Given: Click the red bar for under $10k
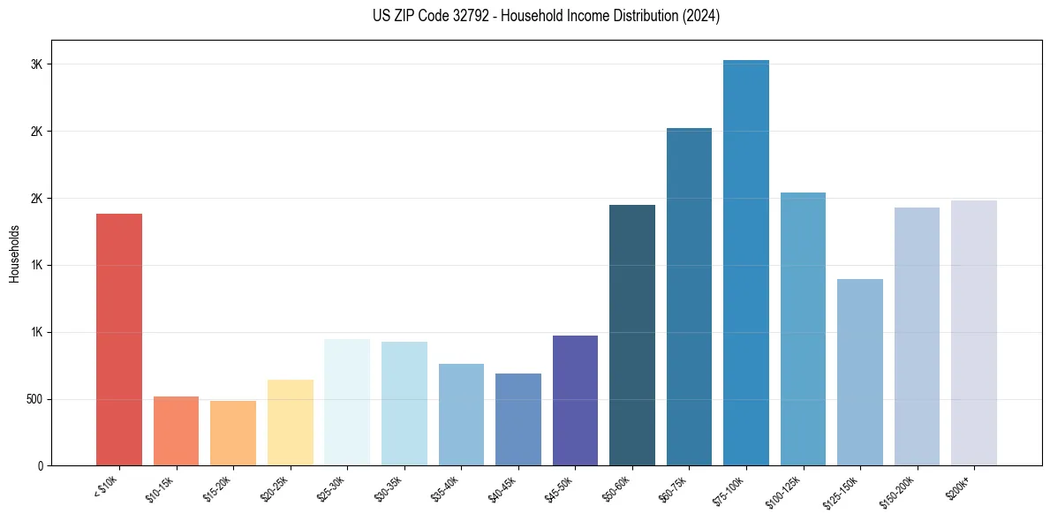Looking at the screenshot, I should pos(119,340).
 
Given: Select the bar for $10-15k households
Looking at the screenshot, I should pos(176,431).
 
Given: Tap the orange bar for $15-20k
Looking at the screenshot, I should pos(233,434).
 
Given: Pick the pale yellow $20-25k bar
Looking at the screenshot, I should pos(291,423).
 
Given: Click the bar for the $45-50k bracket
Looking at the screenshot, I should pos(575,401).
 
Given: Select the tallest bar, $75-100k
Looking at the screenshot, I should pos(746,263).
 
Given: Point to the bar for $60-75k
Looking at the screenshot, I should pos(689,297).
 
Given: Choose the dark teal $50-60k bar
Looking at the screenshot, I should pos(632,336).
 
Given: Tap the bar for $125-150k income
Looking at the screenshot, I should pos(860,373).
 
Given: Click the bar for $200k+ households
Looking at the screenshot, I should pos(974,333).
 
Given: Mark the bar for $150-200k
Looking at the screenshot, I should pos(917,336).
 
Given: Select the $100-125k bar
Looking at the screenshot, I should pos(803,329).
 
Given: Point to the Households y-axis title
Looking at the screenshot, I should pos(15,253).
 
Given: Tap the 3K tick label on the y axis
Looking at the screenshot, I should pos(36,64).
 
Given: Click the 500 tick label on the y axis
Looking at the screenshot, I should pos(34,399).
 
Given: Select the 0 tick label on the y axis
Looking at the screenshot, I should pos(40,466).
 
